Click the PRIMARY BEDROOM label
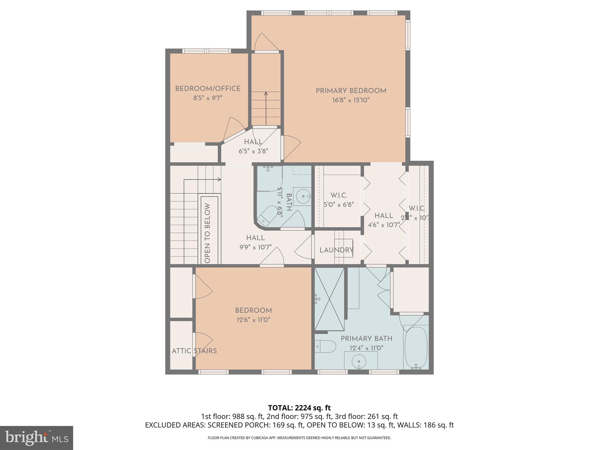point(351,91)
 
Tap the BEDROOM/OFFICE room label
point(208,88)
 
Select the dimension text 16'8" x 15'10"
point(351,100)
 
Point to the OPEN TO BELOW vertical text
point(207,233)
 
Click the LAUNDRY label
point(336,250)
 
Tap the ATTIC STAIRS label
point(194,351)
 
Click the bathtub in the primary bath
point(416,347)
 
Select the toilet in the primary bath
point(325,346)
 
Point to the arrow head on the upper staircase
point(266,94)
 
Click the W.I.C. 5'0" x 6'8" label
point(339,200)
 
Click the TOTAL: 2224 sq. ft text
point(299,408)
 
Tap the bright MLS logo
point(37,438)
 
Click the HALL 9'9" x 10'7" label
point(255,243)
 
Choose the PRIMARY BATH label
point(366,339)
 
